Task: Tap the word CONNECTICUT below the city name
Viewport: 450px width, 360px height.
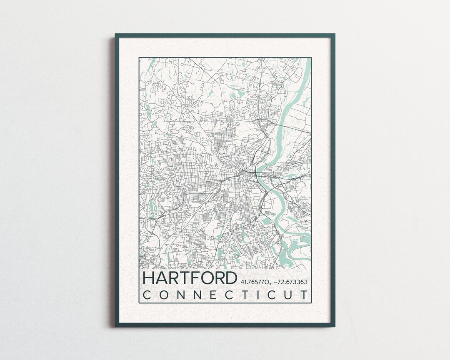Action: [226, 295]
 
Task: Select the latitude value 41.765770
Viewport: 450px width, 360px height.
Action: [255, 282]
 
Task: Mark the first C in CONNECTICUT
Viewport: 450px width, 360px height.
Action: [147, 295]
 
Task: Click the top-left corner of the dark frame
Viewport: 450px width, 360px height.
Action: [116, 34]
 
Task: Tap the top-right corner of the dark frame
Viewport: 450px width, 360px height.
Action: [334, 34]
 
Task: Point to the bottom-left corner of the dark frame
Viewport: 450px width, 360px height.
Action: [116, 326]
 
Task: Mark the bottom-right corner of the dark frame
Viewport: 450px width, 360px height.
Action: [334, 326]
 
